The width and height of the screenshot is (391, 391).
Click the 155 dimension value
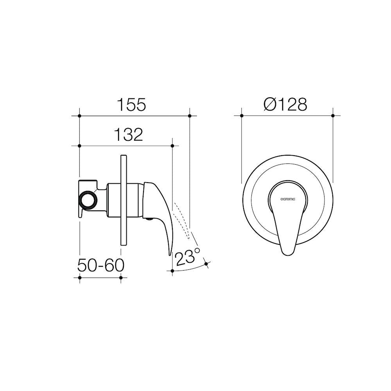click(131, 104)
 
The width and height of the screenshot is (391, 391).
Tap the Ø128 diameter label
click(285, 104)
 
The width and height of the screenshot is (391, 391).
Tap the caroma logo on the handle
click(288, 199)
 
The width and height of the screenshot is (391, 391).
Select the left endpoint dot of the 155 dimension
click(79, 116)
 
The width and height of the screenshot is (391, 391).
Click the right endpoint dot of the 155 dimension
click(190, 116)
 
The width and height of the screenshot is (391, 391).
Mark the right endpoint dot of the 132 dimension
click(172, 145)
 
